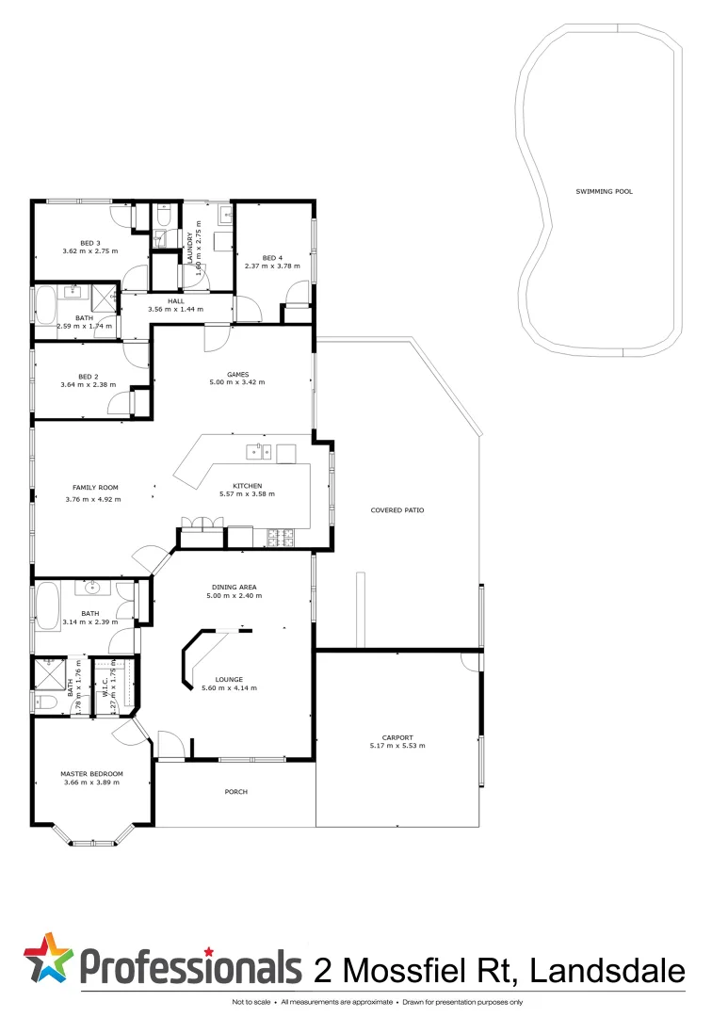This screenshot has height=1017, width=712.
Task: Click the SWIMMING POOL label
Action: tap(604, 191)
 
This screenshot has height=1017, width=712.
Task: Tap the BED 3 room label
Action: tap(90, 243)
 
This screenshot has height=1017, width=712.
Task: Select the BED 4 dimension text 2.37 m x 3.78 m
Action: tap(272, 266)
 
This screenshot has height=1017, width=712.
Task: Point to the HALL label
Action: tap(176, 300)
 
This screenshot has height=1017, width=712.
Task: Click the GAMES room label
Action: tap(237, 373)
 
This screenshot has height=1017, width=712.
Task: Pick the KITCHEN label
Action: tap(234, 485)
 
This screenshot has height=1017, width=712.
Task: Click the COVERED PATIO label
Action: tap(397, 509)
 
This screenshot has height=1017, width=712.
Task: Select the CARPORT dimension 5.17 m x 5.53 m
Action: tap(397, 746)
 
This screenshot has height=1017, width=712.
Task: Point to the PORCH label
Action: tap(235, 792)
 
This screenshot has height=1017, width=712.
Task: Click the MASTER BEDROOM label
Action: tap(92, 774)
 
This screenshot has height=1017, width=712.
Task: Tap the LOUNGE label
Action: tap(229, 679)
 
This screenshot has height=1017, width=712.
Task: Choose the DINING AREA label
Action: tap(236, 587)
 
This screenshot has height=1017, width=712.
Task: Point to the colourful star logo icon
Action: tap(47, 959)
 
